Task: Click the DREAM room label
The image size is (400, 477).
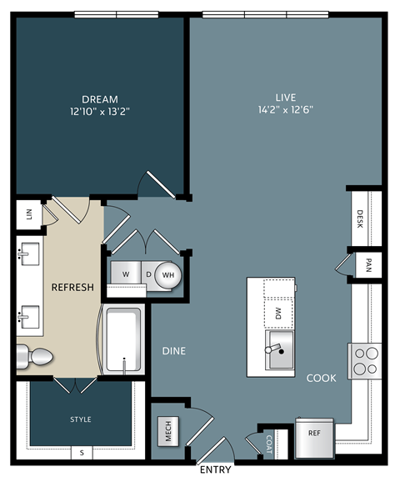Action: [x=99, y=98]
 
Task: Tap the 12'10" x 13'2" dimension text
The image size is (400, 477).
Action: [x=99, y=110]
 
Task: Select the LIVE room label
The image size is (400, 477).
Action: [x=285, y=98]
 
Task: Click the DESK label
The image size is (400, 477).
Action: [x=360, y=219]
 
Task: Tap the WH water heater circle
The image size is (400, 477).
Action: [x=168, y=274]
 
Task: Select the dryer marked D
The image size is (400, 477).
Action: [x=148, y=274]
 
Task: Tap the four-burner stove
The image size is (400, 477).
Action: [x=365, y=360]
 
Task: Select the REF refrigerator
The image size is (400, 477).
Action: [x=314, y=434]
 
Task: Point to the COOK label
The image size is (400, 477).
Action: [x=322, y=378]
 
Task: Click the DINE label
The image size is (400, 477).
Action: [x=173, y=351]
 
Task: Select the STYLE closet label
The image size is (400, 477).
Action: [x=81, y=419]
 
